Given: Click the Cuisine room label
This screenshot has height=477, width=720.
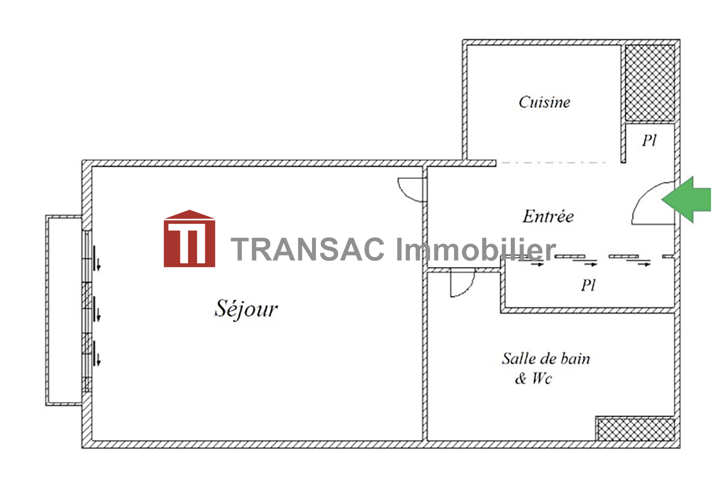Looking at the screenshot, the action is click(x=544, y=102).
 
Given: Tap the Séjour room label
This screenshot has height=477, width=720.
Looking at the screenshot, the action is click(x=246, y=309).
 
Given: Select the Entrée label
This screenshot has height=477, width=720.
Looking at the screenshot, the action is click(x=548, y=216).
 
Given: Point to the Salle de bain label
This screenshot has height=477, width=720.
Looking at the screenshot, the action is click(x=546, y=359).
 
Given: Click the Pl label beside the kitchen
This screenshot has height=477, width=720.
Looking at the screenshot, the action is click(x=649, y=141).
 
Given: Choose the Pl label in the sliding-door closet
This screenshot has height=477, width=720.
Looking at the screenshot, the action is click(x=588, y=285).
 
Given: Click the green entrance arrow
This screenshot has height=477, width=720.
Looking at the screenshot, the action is click(x=686, y=199).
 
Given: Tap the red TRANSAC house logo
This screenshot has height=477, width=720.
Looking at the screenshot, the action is click(x=189, y=238).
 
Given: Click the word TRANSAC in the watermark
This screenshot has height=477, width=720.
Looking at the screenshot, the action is click(x=307, y=249).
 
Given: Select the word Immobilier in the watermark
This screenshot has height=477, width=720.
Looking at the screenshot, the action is click(x=476, y=249).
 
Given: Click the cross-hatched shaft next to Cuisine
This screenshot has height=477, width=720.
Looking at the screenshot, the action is click(x=649, y=83).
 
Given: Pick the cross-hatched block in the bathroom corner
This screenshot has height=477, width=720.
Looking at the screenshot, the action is click(x=636, y=429).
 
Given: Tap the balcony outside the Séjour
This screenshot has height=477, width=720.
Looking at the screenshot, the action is click(x=64, y=310).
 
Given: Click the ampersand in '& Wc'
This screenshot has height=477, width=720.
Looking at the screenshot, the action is click(x=521, y=379).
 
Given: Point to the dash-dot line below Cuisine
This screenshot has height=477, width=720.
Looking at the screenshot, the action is click(x=553, y=163).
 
